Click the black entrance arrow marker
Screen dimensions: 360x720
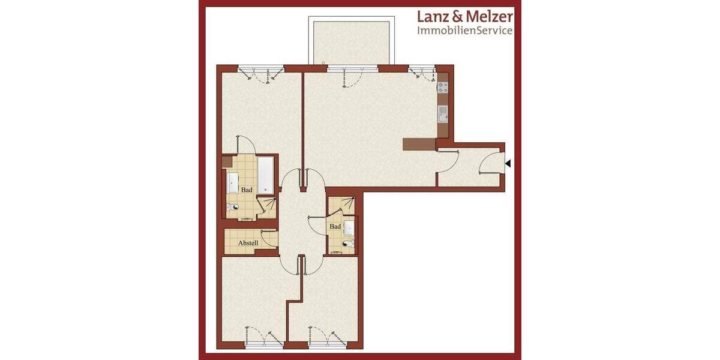pos(508,163)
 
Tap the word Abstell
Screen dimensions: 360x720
pos(248,243)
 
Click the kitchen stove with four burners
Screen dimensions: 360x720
pos(443,87)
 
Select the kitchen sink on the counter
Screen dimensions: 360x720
pos(443,113)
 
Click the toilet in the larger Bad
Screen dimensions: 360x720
pos(234,208)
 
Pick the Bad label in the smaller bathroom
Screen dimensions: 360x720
pos(335,226)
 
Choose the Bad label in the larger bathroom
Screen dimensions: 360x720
pos(246,190)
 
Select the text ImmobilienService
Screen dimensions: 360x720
pos(465,30)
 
